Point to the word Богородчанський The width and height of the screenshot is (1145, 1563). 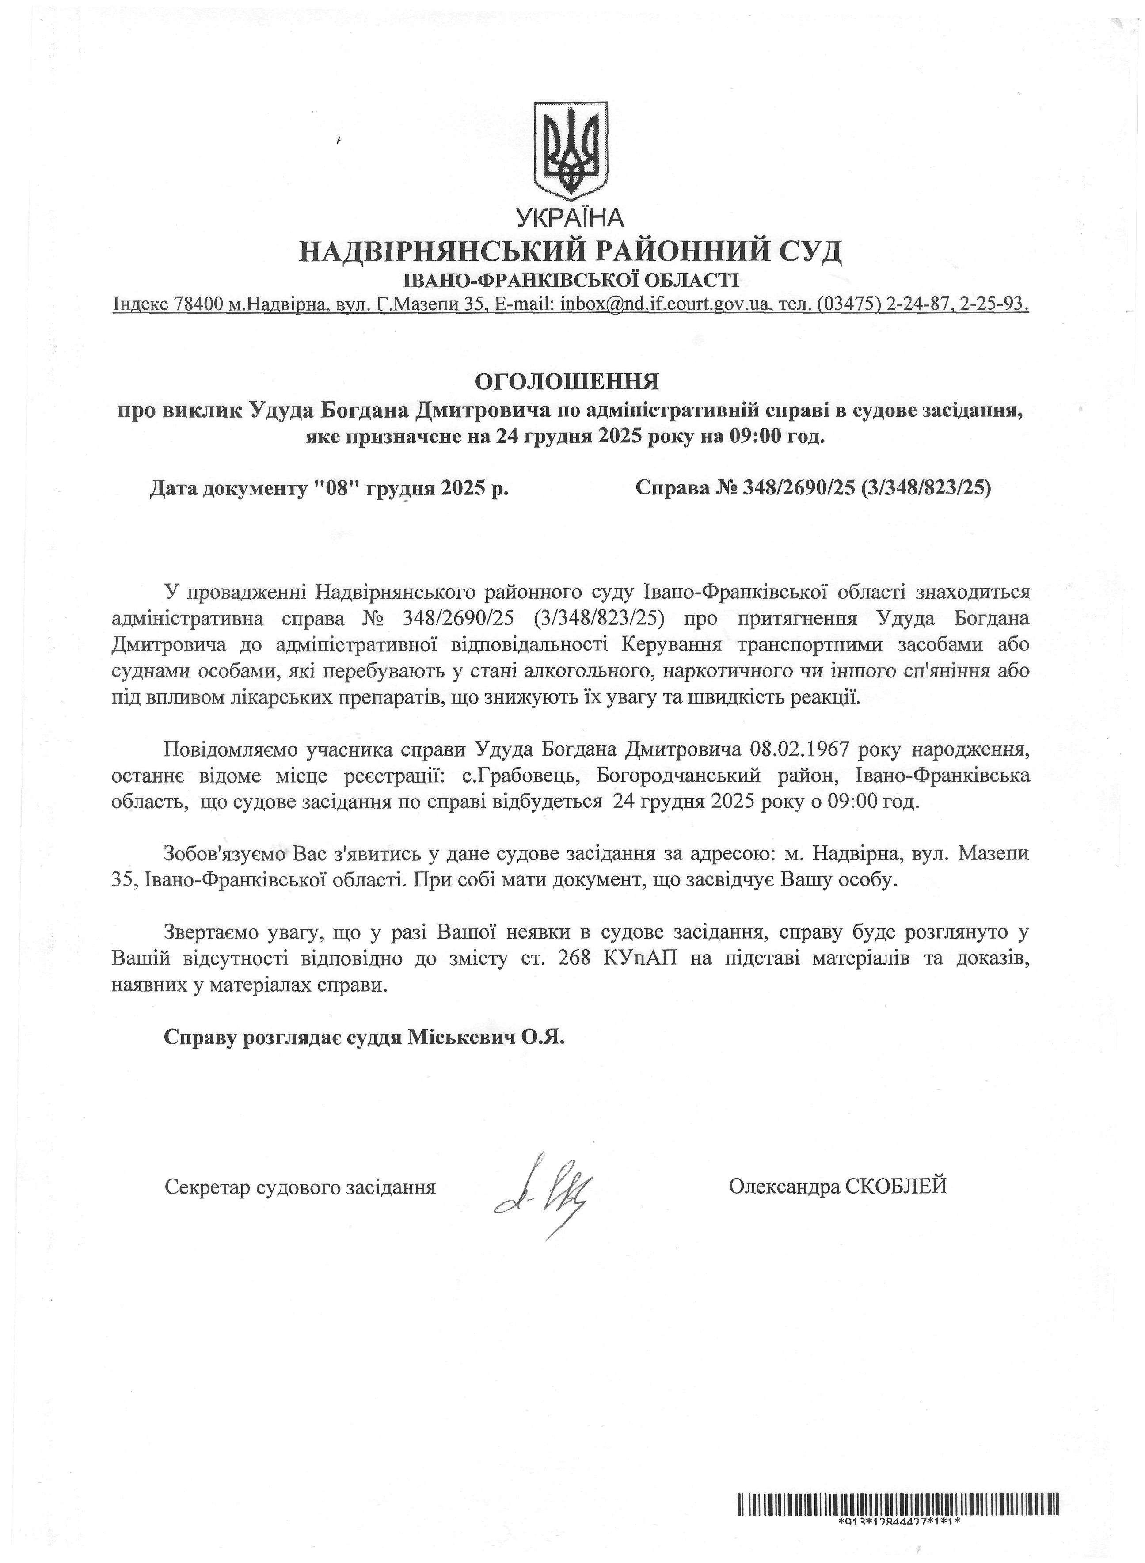tap(676, 775)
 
